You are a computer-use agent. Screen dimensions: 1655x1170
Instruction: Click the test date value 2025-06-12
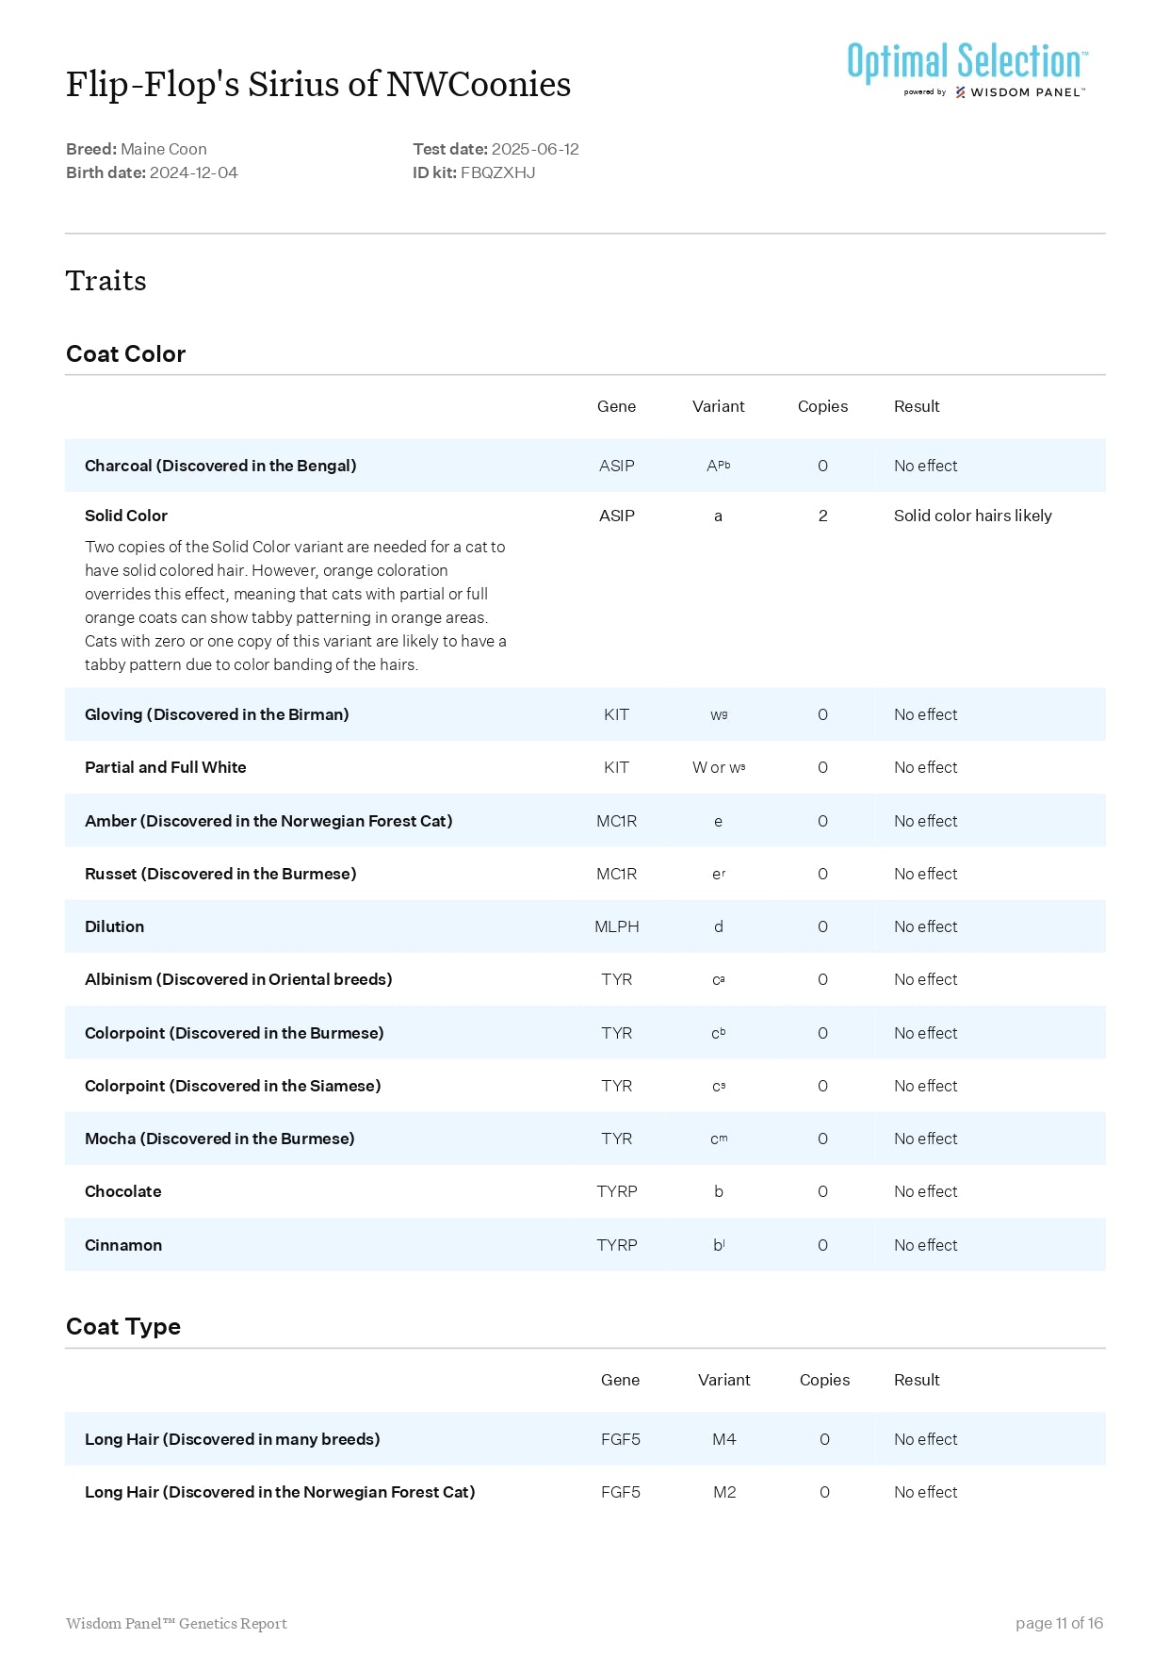(535, 149)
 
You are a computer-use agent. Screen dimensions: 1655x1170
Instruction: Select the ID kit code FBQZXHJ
(497, 172)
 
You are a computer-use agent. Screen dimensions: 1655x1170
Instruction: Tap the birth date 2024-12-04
(194, 172)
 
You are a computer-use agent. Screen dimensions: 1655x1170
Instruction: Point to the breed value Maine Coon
(164, 149)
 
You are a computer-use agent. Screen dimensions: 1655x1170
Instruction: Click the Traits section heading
(106, 281)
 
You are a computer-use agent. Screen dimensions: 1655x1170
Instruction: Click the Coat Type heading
(123, 1326)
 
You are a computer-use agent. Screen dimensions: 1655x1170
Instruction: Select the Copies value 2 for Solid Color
(822, 516)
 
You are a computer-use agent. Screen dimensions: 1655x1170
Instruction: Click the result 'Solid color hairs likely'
(972, 516)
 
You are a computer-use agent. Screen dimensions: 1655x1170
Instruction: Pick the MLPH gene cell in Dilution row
(616, 926)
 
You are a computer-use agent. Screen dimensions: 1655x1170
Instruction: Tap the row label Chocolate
(123, 1191)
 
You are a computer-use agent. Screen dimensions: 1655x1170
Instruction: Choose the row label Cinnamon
(123, 1245)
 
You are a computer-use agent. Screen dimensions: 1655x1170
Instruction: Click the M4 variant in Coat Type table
(723, 1439)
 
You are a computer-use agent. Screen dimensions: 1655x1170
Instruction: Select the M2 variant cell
(723, 1492)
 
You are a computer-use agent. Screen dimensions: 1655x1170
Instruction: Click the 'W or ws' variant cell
(719, 767)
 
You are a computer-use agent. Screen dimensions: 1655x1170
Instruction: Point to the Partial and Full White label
(166, 767)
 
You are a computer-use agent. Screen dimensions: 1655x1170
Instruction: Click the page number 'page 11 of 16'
(1059, 1623)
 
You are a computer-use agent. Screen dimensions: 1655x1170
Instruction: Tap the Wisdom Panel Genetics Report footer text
(176, 1623)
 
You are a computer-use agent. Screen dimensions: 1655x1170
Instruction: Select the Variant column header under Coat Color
(718, 406)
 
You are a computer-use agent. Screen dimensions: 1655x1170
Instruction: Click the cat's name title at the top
(318, 84)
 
